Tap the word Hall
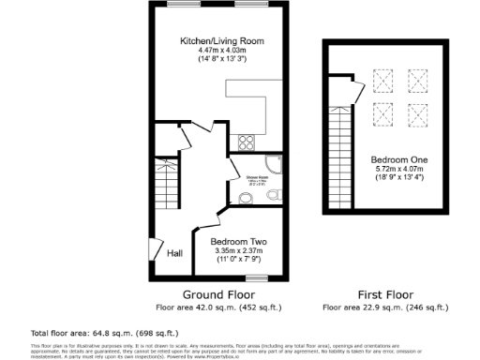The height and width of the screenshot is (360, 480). point(174,253)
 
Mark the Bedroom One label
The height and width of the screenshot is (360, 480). point(394,159)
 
